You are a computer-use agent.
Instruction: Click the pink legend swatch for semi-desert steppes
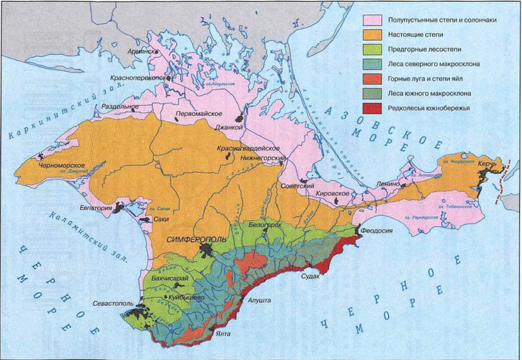[x=373, y=20]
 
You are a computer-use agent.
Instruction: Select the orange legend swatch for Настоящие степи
[x=373, y=35]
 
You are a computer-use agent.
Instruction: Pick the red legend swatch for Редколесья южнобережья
[x=373, y=107]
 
